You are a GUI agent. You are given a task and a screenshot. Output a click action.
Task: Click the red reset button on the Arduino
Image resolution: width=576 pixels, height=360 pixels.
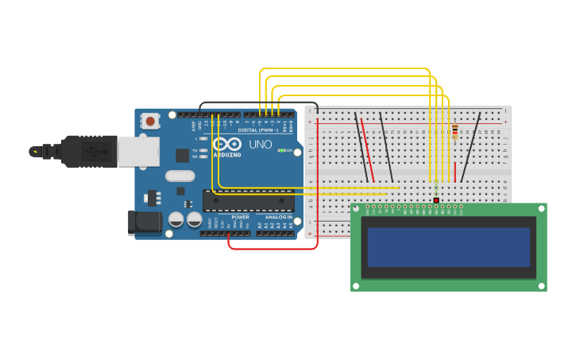[x=149, y=121]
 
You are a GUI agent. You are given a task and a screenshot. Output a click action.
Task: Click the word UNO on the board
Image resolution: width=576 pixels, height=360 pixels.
[x=261, y=145]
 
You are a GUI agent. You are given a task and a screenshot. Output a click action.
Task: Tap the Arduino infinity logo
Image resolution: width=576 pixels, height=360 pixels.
[x=226, y=144]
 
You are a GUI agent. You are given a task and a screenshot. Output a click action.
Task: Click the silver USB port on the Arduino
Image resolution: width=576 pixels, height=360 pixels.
[x=138, y=151]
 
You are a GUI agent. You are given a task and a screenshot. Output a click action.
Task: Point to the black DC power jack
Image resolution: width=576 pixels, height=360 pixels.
[x=145, y=223]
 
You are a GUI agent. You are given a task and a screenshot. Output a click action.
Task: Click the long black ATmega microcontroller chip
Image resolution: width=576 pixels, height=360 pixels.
[x=248, y=201]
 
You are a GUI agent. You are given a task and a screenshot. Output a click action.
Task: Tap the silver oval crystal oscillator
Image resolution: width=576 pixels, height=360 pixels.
[x=180, y=176]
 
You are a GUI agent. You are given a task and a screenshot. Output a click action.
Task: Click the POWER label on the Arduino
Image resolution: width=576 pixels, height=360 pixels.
[x=240, y=217]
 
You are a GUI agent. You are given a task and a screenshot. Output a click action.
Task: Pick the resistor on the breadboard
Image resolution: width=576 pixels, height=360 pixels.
[x=454, y=131]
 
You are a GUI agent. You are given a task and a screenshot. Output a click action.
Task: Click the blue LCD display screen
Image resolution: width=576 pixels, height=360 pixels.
[x=448, y=247]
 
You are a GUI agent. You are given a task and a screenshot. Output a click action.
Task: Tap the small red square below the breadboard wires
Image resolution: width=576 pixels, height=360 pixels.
[x=436, y=199]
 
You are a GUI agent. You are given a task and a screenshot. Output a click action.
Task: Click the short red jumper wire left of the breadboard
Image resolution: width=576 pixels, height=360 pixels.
[x=367, y=149]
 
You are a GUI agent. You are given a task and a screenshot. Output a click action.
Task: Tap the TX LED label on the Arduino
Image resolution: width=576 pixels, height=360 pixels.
[x=195, y=149]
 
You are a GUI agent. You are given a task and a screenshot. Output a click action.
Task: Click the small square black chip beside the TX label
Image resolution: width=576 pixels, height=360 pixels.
[x=182, y=155]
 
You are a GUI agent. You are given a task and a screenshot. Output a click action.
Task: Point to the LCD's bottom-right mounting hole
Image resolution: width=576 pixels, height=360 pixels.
[x=539, y=285]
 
